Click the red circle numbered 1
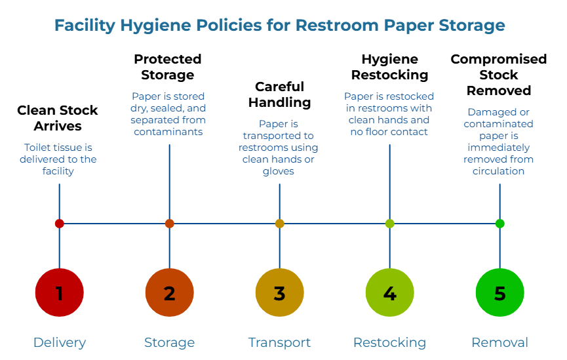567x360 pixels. tap(60, 292)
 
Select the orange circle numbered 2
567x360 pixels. tap(170, 292)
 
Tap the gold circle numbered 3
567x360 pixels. tap(280, 292)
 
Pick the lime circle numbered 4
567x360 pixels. tap(390, 292)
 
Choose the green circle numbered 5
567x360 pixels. tap(500, 292)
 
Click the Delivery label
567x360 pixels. tap(60, 342)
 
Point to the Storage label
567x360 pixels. tap(170, 342)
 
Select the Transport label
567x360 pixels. tap(280, 342)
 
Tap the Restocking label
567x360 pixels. tap(390, 342)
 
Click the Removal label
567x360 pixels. tap(500, 342)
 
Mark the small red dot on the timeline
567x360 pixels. tap(60, 224)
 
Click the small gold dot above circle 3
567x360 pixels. tap(280, 224)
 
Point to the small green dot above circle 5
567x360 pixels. tap(500, 224)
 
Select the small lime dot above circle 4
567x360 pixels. tap(390, 224)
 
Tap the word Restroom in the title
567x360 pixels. tap(334, 26)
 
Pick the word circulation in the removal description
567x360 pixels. tap(499, 171)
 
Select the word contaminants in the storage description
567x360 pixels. tap(168, 132)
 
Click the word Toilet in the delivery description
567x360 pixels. tap(35, 148)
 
